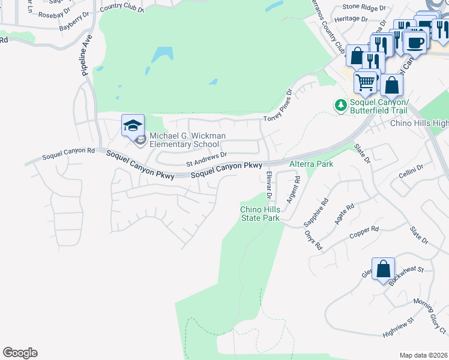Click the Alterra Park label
tap(311, 163)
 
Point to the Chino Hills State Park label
tap(260, 213)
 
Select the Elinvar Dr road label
tap(269, 185)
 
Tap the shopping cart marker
tap(366, 81)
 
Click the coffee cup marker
tap(415, 41)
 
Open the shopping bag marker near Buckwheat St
tap(383, 269)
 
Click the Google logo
tap(20, 353)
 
